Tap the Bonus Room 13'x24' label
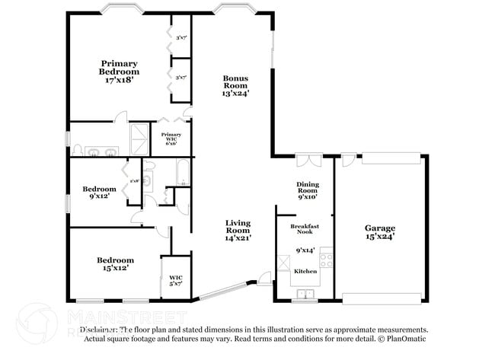pos(235,85)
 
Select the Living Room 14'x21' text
pos(238,230)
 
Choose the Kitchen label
pos(305,271)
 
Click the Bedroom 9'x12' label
pos(99,192)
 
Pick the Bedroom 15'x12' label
pos(114,263)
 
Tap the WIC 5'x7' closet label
pos(175,280)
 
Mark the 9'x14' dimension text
pos(305,250)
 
